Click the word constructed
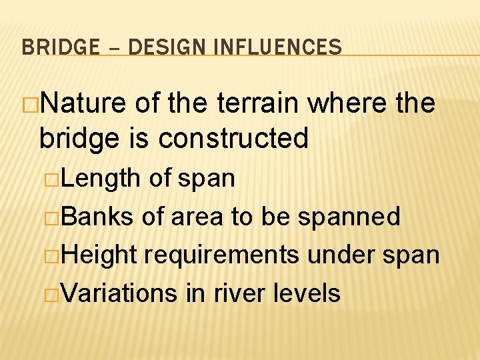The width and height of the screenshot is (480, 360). pos(234,138)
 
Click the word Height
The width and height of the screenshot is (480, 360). pos(107,255)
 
